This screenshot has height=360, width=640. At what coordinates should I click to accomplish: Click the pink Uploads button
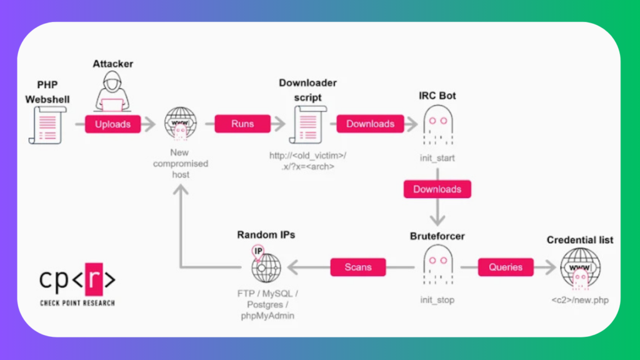[x=113, y=124]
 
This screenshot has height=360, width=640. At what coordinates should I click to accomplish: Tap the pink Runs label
[x=242, y=124]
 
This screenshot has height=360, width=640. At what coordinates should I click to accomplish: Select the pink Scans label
[x=358, y=267]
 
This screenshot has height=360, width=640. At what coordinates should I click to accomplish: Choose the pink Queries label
[x=506, y=267]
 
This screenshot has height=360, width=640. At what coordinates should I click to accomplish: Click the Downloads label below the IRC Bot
[x=437, y=189]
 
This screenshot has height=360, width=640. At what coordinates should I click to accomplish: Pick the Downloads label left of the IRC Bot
[x=371, y=124]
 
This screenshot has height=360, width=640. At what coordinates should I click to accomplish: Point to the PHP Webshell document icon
[x=45, y=125]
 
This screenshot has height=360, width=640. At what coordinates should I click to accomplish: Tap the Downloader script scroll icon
[x=305, y=124]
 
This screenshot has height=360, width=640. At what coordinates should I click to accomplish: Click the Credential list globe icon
[x=580, y=267]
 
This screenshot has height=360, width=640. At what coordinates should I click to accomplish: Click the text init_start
[x=437, y=158]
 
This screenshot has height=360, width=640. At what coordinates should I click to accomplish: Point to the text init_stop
[x=437, y=300]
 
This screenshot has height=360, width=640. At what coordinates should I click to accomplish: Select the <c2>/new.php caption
[x=580, y=301]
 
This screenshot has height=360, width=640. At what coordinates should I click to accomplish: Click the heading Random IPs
[x=266, y=235]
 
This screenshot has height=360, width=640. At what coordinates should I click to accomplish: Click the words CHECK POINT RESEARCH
[x=77, y=303]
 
